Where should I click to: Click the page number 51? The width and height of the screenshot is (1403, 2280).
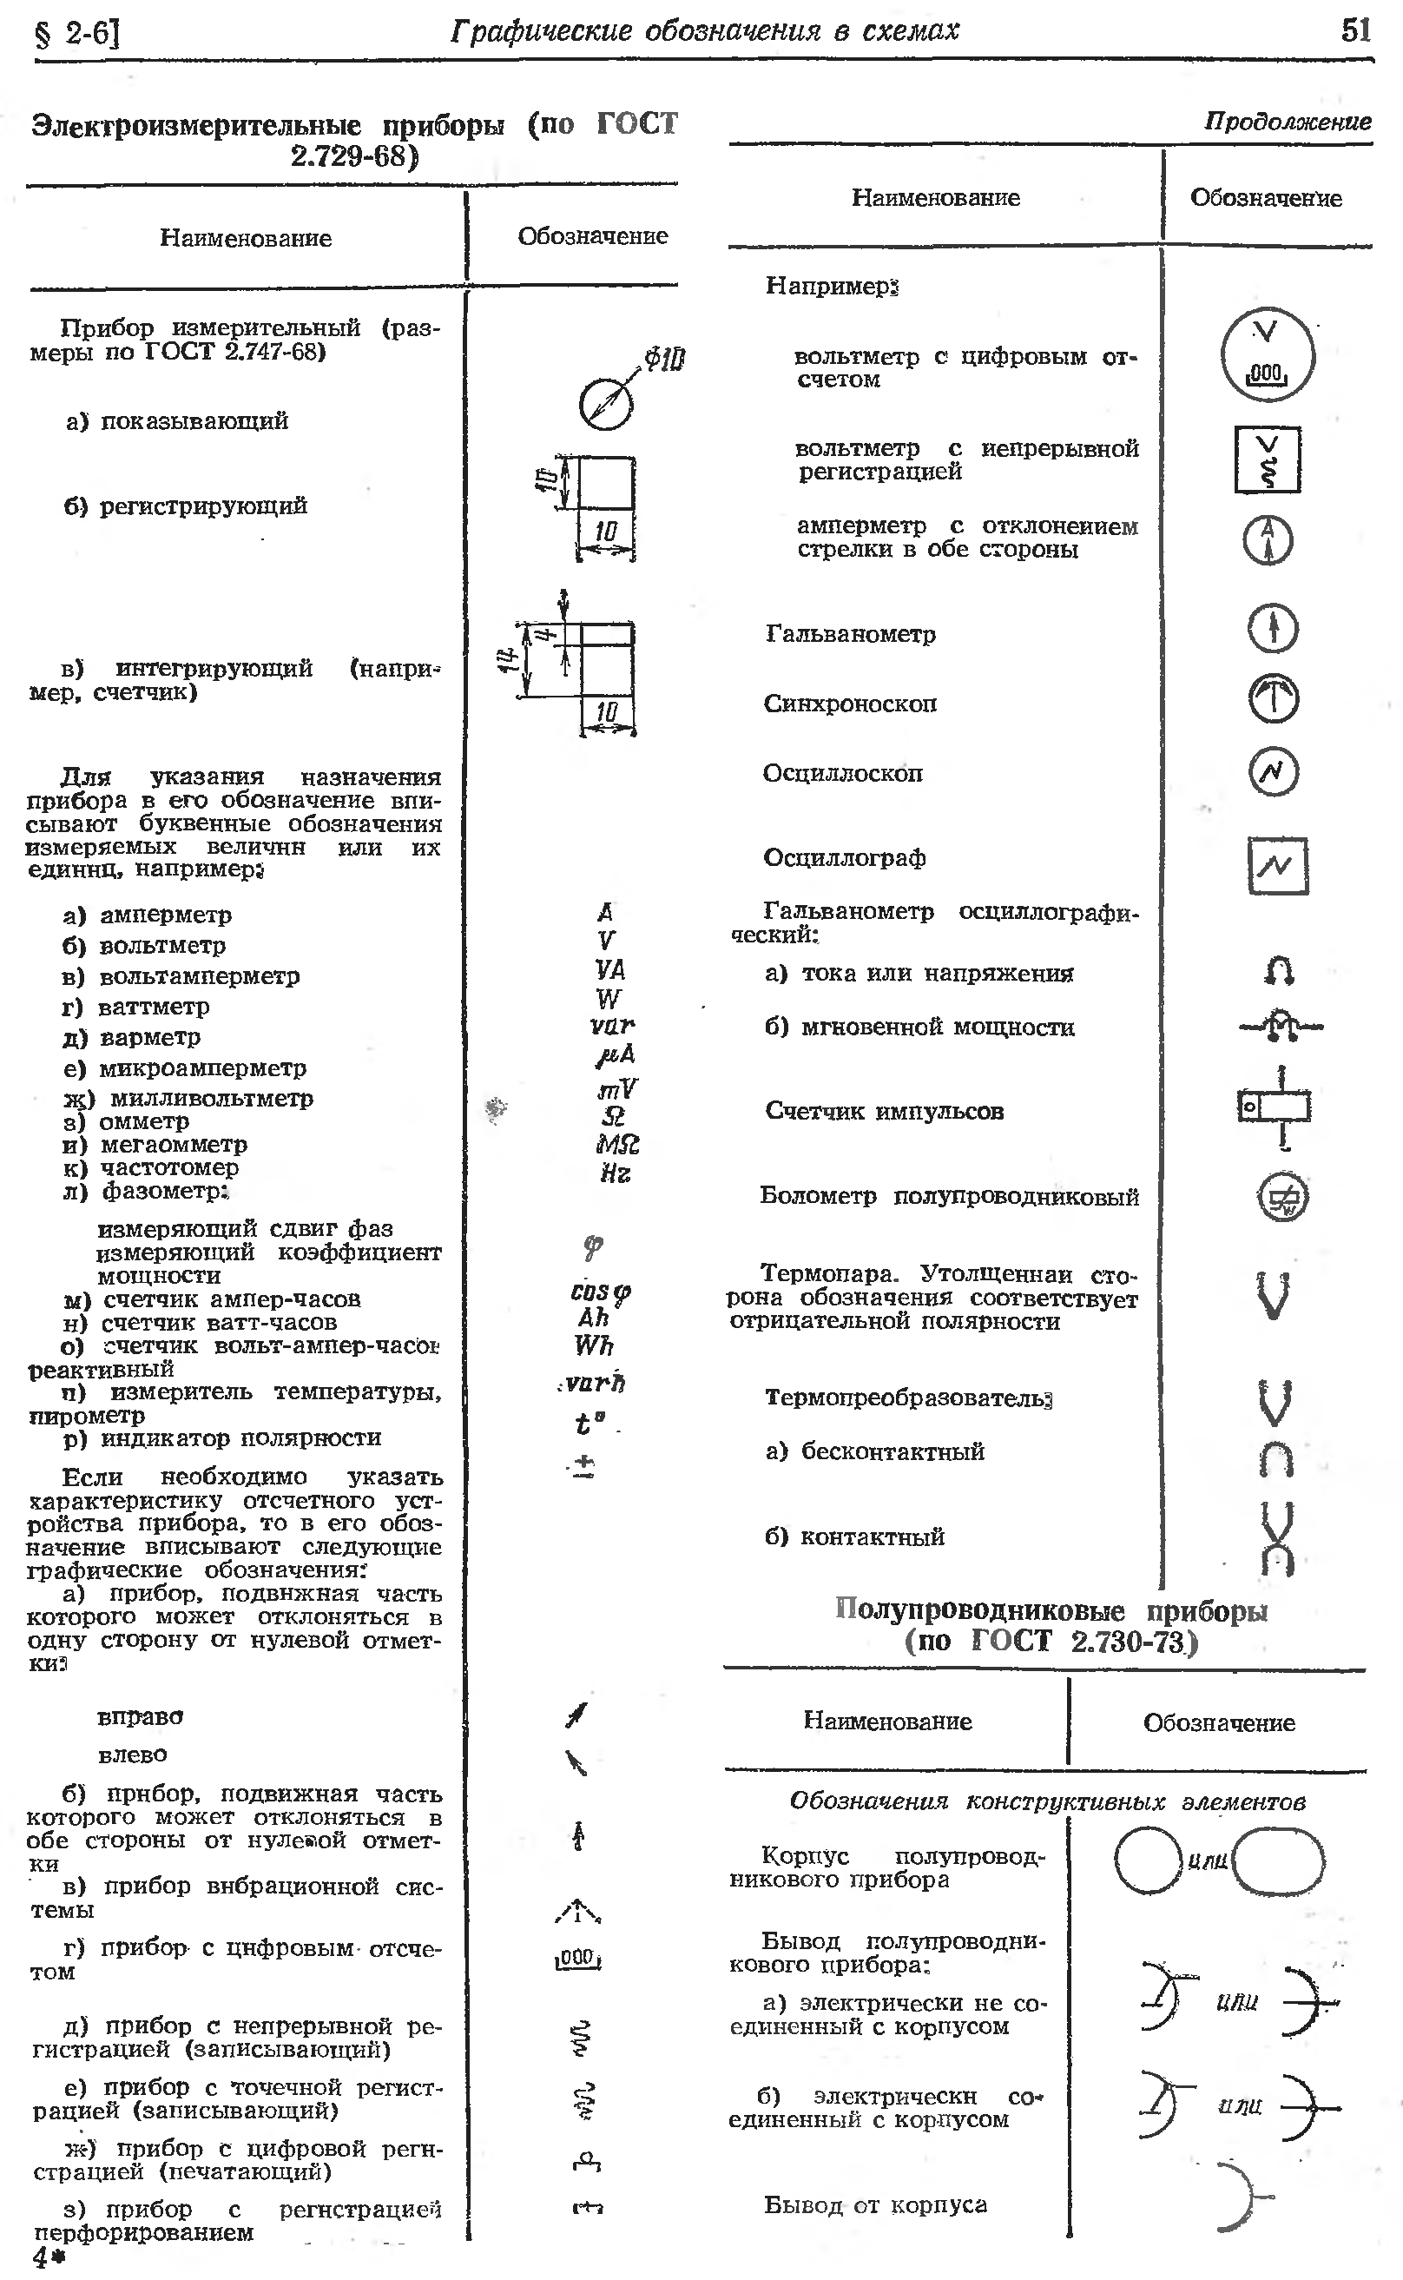(1354, 30)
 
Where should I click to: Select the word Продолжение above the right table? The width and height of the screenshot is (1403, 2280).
(1287, 122)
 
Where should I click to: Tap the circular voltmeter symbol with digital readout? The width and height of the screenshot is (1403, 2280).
(1267, 354)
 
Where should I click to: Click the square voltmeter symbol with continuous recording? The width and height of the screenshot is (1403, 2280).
(1267, 459)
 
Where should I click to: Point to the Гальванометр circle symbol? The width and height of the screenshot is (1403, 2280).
(1272, 629)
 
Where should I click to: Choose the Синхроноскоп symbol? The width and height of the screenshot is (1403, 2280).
(1272, 698)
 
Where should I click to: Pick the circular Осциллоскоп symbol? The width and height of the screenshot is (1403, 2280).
(1272, 771)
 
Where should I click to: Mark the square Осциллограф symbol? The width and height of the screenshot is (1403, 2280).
(1277, 865)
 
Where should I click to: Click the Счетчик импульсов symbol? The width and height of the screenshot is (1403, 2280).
(1275, 1107)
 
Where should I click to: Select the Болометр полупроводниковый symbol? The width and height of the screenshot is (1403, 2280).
(1282, 1197)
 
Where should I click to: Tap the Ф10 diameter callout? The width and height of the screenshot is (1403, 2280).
(664, 359)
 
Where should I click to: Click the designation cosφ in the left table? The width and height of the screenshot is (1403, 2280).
(599, 1292)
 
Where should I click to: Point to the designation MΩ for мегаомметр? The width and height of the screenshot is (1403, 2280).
(617, 1144)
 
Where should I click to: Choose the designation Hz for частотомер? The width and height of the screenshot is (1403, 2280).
(616, 1173)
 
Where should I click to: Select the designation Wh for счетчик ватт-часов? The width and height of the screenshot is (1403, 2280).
(594, 1345)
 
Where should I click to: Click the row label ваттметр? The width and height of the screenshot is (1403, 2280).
(153, 1007)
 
